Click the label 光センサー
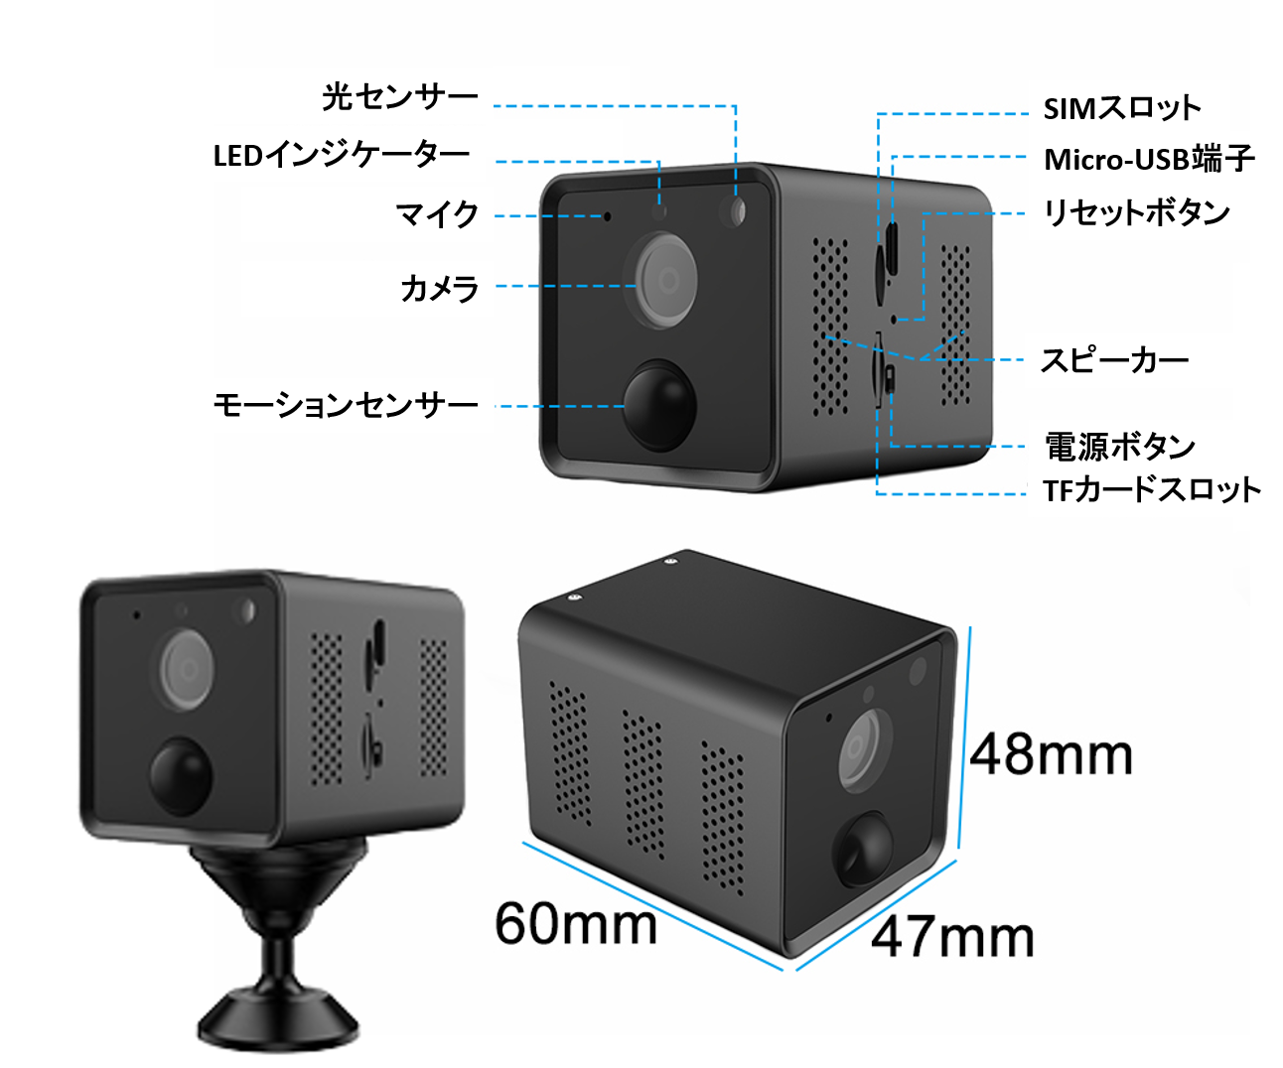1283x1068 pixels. [399, 97]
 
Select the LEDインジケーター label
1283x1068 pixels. [342, 156]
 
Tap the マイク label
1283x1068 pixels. [437, 214]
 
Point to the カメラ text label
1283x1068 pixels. [439, 288]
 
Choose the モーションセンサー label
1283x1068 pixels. [346, 405]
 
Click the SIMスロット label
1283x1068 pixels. [1121, 108]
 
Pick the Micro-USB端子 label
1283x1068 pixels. [1149, 159]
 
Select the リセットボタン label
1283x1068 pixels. [1136, 212]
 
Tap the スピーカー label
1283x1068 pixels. [1114, 360]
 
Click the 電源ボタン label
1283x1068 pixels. [1119, 447]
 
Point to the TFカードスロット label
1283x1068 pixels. [1151, 489]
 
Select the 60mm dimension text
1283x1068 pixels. [576, 924]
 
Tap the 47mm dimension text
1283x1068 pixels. [952, 937]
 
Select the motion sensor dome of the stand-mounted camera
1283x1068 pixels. [181, 774]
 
